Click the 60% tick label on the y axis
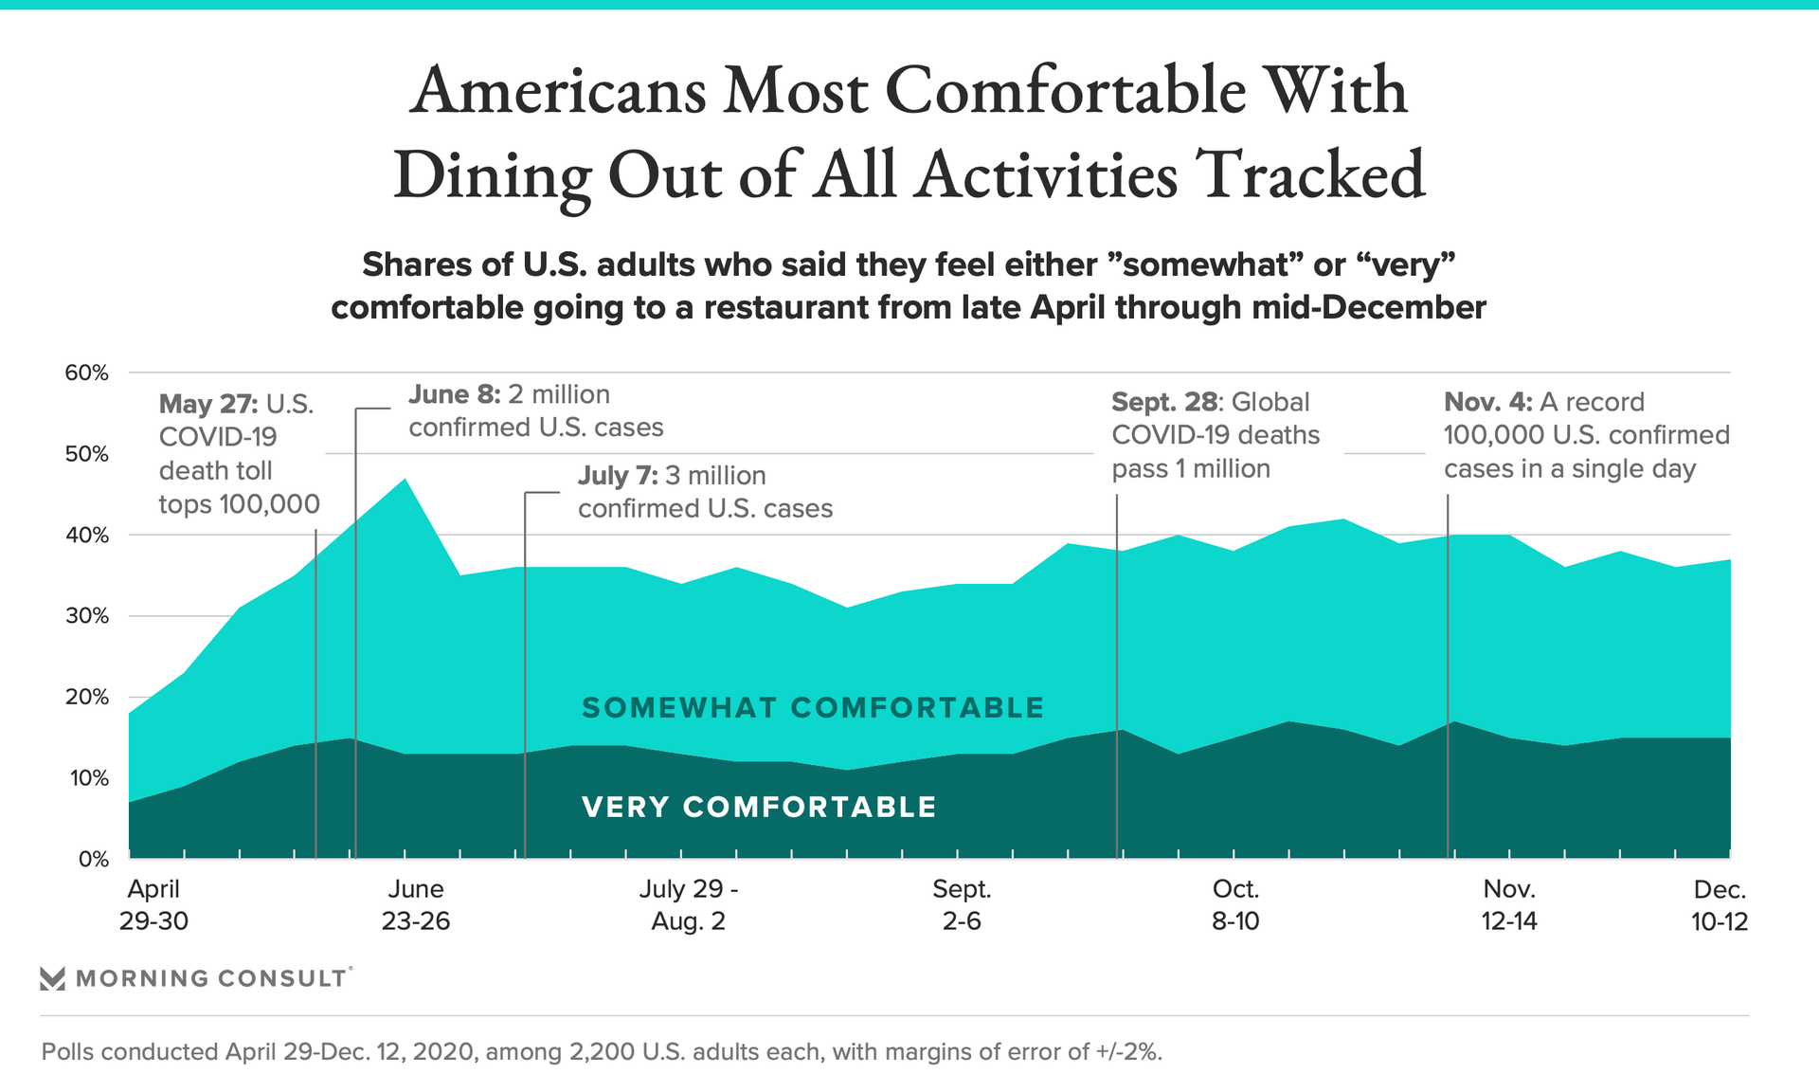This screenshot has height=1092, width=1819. point(86,373)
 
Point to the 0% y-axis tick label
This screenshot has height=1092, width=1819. point(93,860)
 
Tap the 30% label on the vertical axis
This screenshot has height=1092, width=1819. point(86,616)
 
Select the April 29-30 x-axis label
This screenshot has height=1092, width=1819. point(153,905)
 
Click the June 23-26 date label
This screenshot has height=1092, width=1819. point(416,905)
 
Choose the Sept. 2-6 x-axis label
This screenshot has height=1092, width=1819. point(962,905)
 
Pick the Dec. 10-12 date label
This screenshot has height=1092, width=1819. point(1719,905)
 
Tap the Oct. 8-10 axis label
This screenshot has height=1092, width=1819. point(1235,905)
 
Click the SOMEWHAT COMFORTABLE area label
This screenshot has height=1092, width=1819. point(813,708)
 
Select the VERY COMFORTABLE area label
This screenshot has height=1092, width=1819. point(759,808)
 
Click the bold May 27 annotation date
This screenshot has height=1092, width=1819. point(207,404)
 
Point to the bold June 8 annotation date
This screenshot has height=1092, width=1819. point(455,394)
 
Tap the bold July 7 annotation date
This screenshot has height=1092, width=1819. point(618,476)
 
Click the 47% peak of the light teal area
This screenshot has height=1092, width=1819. point(405,480)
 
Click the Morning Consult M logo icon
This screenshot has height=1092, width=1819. point(53,978)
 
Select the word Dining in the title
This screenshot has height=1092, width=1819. point(493,175)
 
